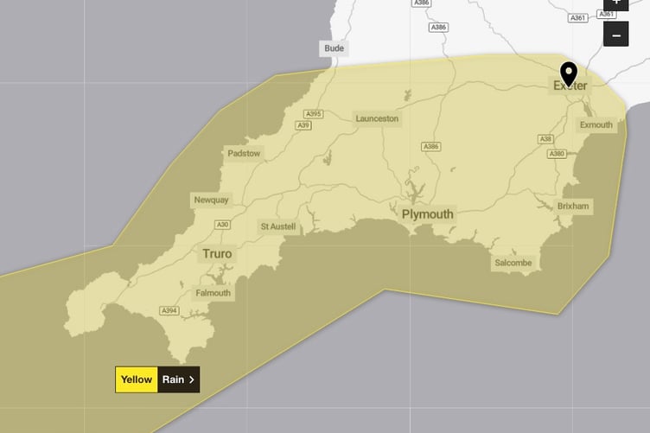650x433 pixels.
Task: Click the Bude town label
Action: (x=334, y=48)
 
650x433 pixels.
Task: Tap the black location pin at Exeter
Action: (x=569, y=73)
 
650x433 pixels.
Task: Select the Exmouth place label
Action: (x=596, y=125)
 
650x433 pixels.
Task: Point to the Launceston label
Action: (x=378, y=118)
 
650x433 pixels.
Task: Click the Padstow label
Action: (x=244, y=154)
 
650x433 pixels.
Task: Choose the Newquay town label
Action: (x=212, y=200)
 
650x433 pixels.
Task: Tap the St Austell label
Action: (x=278, y=226)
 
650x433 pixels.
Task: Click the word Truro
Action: (x=216, y=254)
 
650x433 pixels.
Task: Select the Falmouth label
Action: (x=213, y=293)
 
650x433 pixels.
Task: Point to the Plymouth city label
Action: (x=427, y=214)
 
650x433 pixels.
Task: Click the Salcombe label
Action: (x=513, y=263)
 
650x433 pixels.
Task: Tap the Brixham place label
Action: (x=573, y=207)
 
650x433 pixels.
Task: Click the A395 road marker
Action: (x=313, y=114)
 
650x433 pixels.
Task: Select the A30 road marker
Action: (x=222, y=225)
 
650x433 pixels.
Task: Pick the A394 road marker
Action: (x=169, y=310)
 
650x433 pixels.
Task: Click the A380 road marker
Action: (x=557, y=154)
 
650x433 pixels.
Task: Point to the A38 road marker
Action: (x=545, y=138)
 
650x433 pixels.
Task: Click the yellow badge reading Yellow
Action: (x=137, y=379)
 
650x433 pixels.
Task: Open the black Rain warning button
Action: (x=179, y=379)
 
